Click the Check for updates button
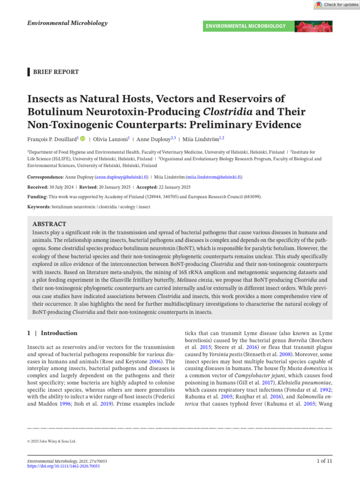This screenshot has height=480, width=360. click(336, 5)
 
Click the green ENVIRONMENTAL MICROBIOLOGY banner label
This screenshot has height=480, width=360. click(246, 26)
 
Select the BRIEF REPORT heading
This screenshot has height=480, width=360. click(55, 72)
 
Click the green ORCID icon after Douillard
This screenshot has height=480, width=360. click(83, 139)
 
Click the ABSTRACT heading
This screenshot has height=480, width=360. click(49, 224)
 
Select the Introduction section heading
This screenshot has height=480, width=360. click(59, 333)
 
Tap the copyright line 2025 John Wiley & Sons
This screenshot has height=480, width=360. click(52, 441)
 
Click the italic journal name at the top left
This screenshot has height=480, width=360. click(67, 23)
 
